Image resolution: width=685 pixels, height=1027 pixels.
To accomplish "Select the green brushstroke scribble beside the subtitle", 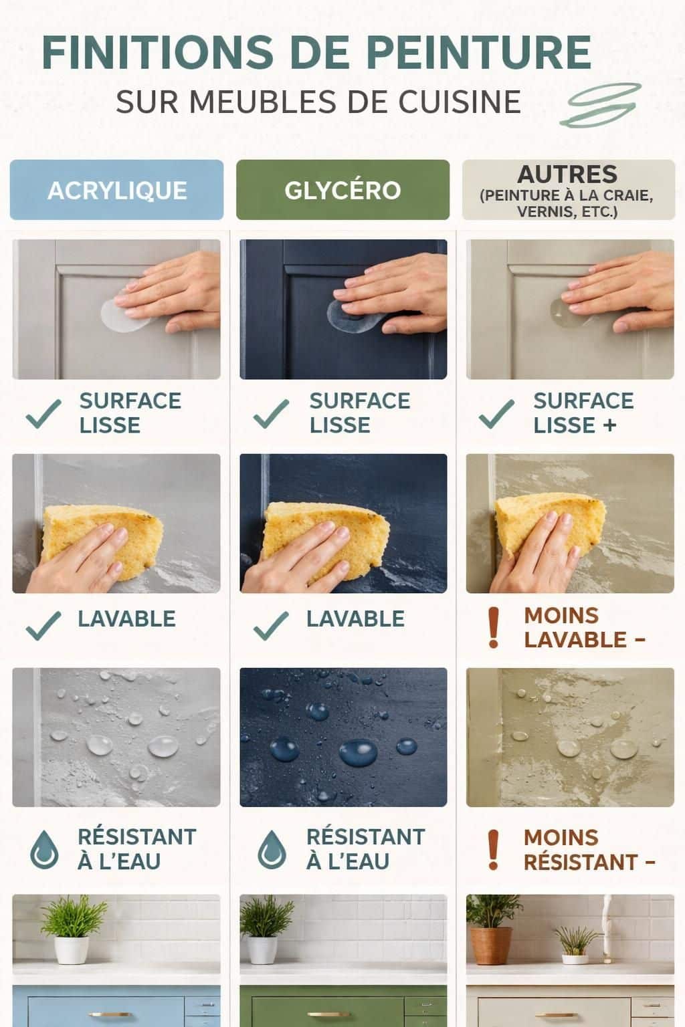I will [x=601, y=105].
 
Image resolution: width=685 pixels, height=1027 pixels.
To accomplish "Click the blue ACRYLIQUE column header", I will [x=116, y=190].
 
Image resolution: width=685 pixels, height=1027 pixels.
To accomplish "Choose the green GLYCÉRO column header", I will [x=342, y=190].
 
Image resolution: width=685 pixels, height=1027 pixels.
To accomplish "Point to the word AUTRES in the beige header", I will [x=567, y=175].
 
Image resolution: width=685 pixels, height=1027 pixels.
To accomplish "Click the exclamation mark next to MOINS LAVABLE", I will [x=494, y=628].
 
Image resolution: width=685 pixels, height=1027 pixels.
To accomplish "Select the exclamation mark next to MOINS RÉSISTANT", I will [x=494, y=849].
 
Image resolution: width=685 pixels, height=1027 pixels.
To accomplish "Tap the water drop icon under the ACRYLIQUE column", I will [x=44, y=849].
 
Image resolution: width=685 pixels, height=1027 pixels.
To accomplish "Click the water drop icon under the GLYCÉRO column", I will [x=272, y=849].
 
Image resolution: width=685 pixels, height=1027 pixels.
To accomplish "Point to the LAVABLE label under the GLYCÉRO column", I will [x=355, y=619].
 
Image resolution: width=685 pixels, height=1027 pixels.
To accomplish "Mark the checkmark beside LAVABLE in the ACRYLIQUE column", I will [x=43, y=625].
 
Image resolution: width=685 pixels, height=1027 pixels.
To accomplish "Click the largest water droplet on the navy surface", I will [x=358, y=752].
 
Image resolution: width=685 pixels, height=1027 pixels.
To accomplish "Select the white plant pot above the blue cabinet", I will [x=72, y=949].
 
